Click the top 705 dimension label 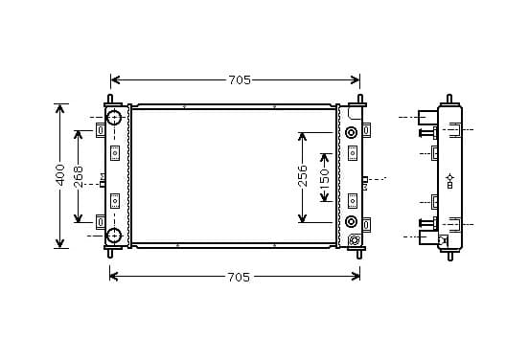pyautogui.click(x=240, y=79)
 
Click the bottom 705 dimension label pyautogui.click(x=239, y=277)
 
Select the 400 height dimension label pyautogui.click(x=60, y=174)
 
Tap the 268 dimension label pyautogui.click(x=78, y=176)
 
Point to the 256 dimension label pyautogui.click(x=303, y=176)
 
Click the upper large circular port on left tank pyautogui.click(x=114, y=118)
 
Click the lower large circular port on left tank pyautogui.click(x=114, y=236)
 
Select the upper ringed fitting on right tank pyautogui.click(x=351, y=132)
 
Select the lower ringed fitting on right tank pyautogui.click(x=351, y=221)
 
